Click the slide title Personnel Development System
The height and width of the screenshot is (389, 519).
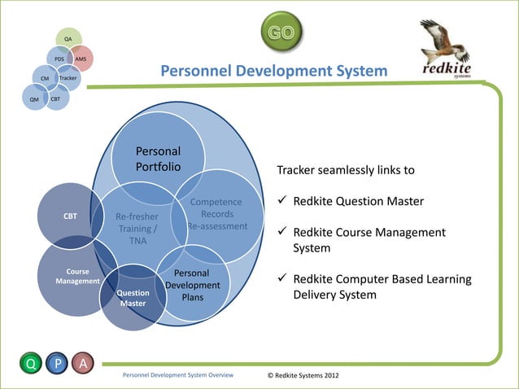273,72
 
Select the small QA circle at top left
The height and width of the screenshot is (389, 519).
68,38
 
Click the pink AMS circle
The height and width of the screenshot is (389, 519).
81,59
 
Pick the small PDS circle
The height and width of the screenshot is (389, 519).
59,59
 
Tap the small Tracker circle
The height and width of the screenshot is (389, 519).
69,78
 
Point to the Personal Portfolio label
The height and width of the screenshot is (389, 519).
158,159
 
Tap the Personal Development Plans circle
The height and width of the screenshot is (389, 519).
193,285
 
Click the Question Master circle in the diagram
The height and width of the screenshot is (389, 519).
133,298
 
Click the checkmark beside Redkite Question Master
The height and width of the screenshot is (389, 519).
282,201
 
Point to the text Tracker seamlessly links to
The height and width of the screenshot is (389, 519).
346,171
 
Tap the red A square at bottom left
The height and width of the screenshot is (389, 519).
81,364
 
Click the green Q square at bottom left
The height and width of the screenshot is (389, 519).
32,364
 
